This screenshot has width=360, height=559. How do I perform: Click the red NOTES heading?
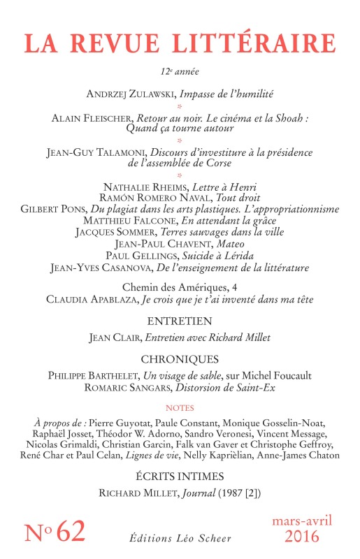click(180, 407)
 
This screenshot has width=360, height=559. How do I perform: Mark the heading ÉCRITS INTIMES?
click(180, 477)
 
